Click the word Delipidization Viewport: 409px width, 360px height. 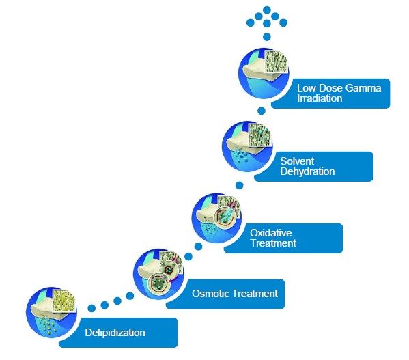point(115,333)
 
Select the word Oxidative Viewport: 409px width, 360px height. point(271,232)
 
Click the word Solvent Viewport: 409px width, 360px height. point(297,161)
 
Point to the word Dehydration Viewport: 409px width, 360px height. point(307,171)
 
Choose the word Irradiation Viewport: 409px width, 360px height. point(320,98)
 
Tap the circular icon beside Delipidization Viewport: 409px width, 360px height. point(51,312)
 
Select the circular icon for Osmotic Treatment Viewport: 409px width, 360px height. point(158,274)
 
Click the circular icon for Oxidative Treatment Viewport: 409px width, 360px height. point(216,218)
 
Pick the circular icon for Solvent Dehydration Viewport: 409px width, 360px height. point(247,146)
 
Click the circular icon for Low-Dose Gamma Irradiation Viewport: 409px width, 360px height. point(264,73)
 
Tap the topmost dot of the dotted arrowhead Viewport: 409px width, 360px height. point(267,10)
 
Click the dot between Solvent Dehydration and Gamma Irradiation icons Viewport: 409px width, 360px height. point(262,111)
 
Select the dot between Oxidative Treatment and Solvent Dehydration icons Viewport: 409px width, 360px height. point(240,185)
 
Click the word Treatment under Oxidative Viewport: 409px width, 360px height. point(273,243)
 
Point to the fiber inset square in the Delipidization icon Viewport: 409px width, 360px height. point(64,301)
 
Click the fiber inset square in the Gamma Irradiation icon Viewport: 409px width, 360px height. point(277,61)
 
